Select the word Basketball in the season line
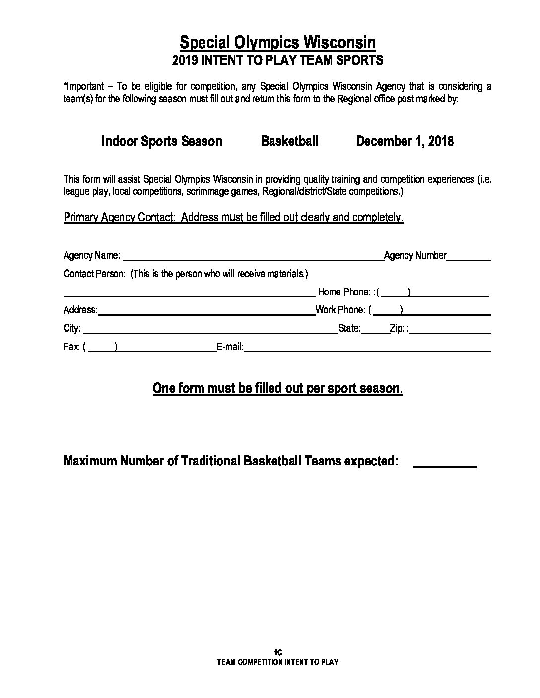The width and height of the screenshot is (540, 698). coord(289,141)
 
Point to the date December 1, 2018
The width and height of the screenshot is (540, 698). coord(405,141)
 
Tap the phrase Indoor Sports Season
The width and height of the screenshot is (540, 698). coord(162,141)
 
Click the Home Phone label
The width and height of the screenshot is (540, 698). coord(343,292)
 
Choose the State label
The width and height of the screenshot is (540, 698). coord(349,328)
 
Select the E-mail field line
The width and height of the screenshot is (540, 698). coord(367,349)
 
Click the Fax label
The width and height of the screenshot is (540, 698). coord(71,347)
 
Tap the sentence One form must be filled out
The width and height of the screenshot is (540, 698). coord(277,388)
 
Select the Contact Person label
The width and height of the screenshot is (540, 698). coord(94,274)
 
